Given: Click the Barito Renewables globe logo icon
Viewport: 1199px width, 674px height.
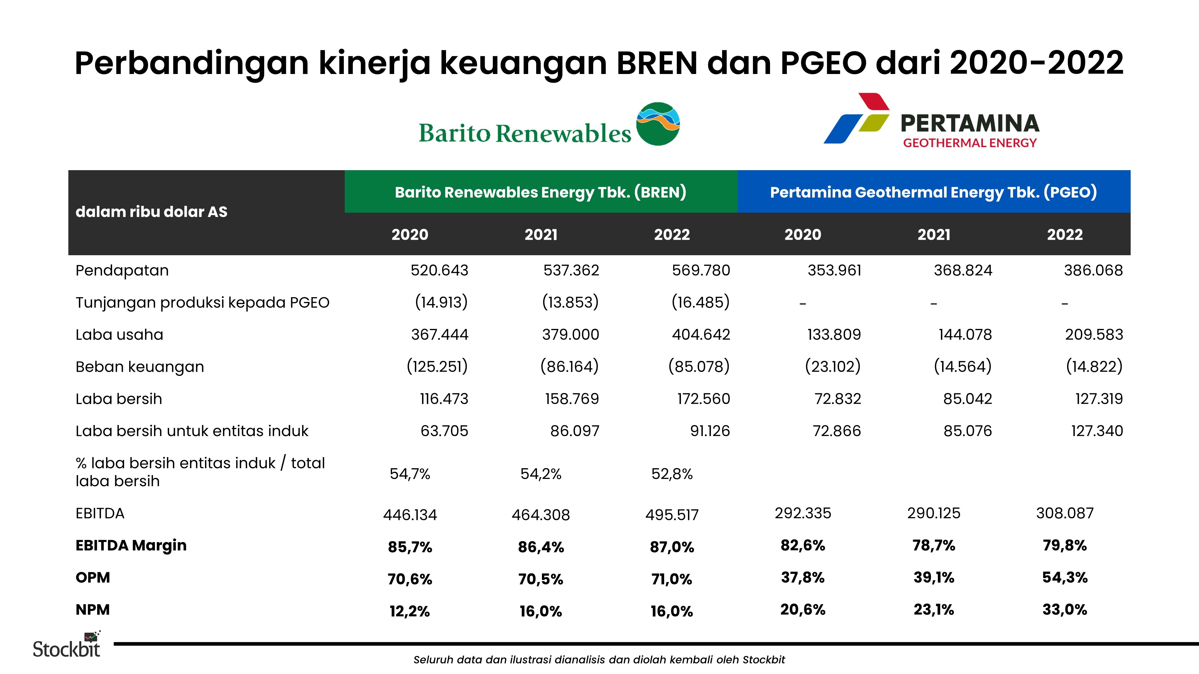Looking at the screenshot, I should [658, 124].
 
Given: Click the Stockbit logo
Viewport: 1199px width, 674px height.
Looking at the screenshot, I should [67, 646].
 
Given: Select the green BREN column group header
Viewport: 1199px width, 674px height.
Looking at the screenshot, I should [540, 192].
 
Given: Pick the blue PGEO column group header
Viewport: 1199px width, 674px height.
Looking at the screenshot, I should [933, 192].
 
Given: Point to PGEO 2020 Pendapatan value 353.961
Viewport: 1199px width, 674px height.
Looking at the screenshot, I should [834, 270].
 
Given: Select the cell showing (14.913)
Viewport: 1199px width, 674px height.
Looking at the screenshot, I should [441, 302].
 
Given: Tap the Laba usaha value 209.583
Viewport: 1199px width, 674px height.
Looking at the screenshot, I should [1094, 334].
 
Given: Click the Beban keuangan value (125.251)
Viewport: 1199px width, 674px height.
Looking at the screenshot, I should [437, 367].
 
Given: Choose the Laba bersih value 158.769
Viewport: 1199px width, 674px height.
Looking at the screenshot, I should [572, 399].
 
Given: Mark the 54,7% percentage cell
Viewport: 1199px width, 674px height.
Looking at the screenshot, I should [409, 474].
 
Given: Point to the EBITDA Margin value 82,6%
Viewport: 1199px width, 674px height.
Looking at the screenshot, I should [802, 545].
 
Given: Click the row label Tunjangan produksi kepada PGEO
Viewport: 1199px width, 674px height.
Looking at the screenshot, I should [202, 302].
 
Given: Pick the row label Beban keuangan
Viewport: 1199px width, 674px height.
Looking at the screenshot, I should [140, 367].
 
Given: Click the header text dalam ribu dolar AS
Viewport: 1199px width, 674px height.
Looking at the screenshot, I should [151, 212].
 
